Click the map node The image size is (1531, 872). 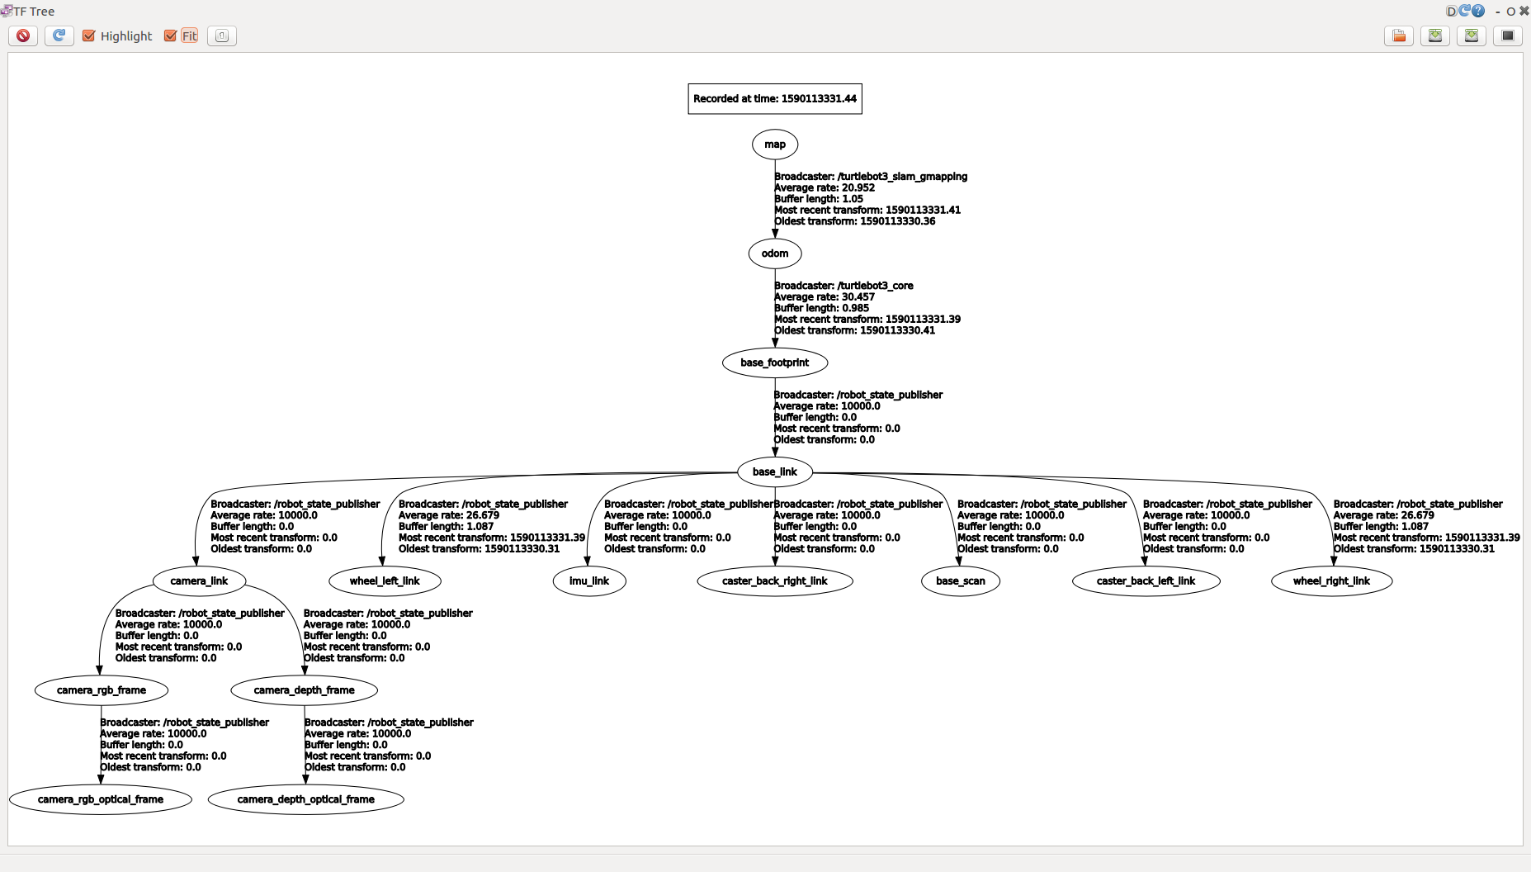(774, 145)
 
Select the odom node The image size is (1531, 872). (774, 254)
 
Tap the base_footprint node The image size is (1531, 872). (774, 363)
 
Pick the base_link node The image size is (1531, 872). (774, 472)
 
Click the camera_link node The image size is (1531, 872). (199, 581)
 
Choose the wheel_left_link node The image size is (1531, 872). (385, 581)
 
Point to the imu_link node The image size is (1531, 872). (588, 581)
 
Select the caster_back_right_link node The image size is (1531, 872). (774, 581)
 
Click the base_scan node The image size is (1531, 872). (960, 581)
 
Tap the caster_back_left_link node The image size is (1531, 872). (1146, 581)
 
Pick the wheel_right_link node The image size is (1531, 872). (1331, 581)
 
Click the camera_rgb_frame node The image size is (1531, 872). (102, 690)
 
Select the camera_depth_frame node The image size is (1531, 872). (305, 690)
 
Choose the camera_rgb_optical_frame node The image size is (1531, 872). (101, 799)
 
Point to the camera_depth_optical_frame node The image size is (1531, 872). (305, 799)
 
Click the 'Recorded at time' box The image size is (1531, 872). (774, 98)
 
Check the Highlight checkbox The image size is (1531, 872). (89, 36)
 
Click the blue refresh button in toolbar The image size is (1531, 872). (59, 36)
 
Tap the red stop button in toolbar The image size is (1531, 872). (23, 36)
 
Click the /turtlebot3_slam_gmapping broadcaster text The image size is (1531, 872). (902, 177)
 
